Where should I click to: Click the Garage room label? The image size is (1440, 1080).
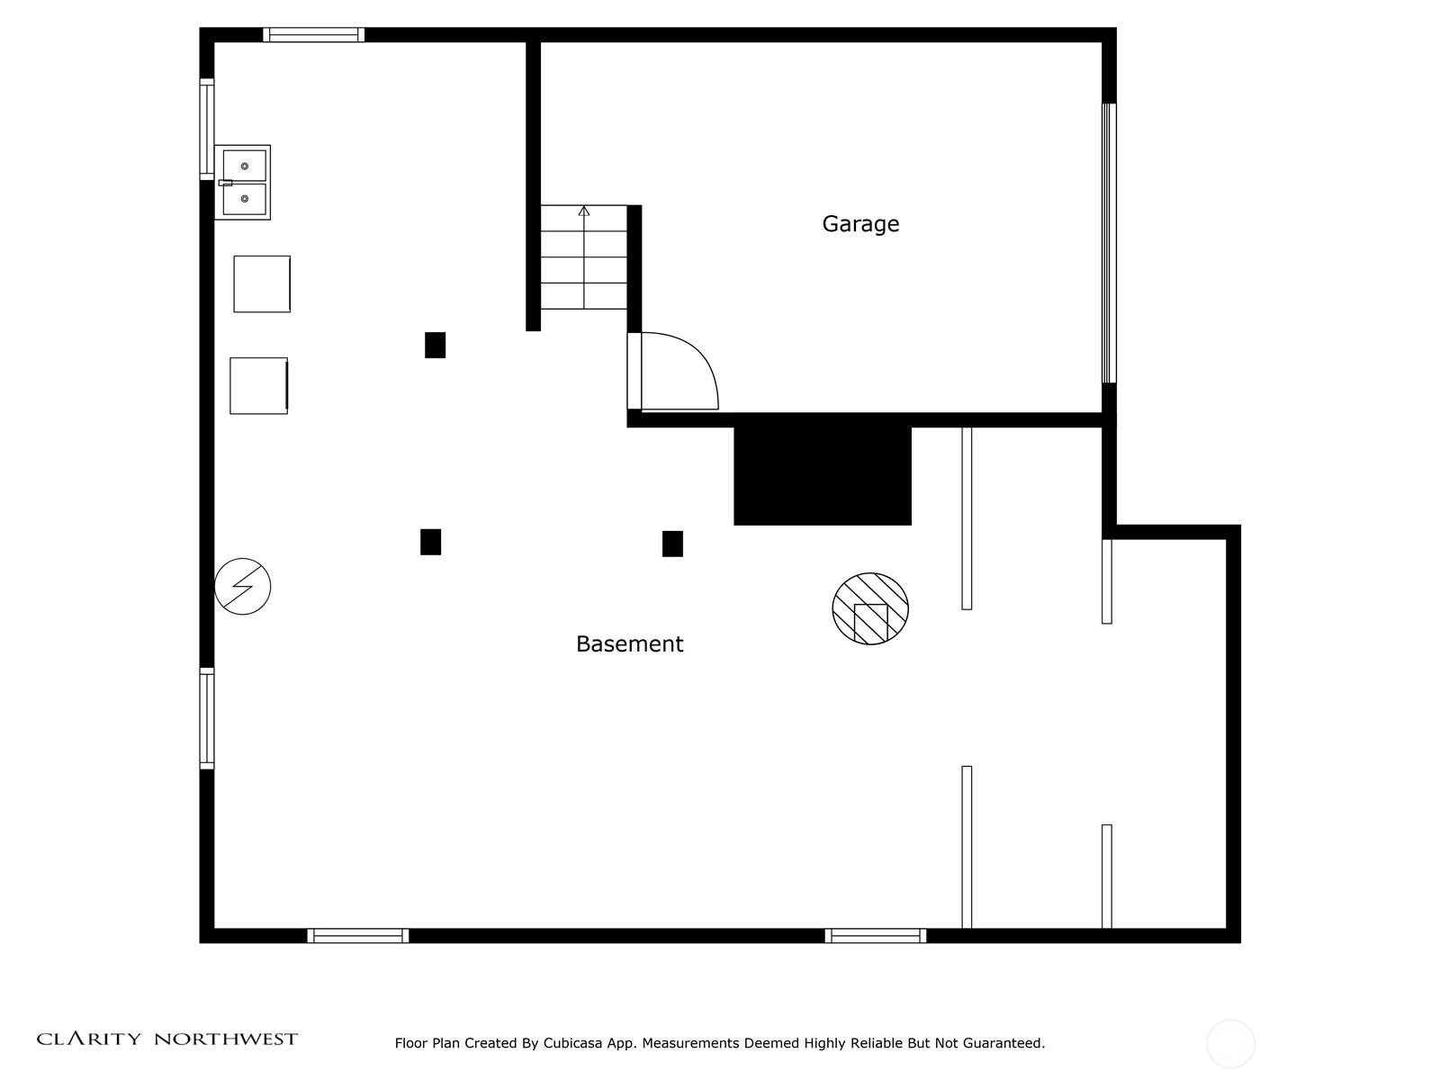pos(860,224)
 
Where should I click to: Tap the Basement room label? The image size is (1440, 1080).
pos(629,643)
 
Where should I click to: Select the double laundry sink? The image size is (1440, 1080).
pos(242,183)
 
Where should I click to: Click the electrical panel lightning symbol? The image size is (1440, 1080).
pos(242,586)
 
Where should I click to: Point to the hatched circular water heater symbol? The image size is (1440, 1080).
pos(870,608)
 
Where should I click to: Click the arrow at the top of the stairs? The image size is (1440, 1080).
pos(584,211)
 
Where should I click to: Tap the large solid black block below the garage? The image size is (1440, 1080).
pos(822,475)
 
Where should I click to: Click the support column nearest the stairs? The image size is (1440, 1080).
pos(435,345)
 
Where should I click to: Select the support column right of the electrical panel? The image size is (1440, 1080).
pos(430,542)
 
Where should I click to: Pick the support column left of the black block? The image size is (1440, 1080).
pos(672,544)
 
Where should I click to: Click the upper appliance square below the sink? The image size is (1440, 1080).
pos(262,283)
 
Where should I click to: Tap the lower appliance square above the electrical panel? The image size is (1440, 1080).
pos(258,385)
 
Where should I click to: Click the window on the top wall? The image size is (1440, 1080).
pos(313,35)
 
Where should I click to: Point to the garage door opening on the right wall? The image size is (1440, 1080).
pos(1109,243)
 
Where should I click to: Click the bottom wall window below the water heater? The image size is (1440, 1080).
pos(875,936)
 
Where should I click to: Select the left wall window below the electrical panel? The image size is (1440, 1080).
pos(207,718)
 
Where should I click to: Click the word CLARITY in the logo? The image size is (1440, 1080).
pos(88,1039)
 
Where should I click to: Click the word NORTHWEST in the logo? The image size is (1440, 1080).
pos(226,1039)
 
